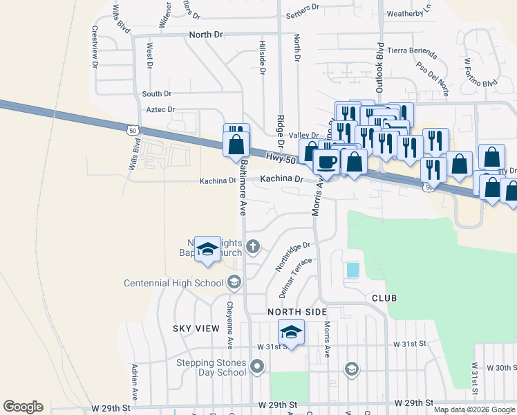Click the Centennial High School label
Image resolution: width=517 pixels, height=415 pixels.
[x=173, y=283]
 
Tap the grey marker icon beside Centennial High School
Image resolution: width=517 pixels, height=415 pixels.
[x=234, y=282]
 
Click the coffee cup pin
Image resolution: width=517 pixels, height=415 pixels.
[x=327, y=163]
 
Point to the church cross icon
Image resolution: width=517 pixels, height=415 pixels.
[x=254, y=246]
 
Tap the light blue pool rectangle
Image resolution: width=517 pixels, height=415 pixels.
[x=352, y=270]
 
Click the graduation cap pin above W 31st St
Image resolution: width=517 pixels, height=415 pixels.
[x=291, y=333]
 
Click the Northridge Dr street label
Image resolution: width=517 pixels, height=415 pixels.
[x=294, y=255]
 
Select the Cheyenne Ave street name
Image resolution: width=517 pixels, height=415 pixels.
[x=229, y=324]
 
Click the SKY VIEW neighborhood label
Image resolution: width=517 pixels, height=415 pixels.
[x=196, y=329]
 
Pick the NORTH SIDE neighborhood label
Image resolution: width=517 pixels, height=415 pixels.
[x=297, y=313]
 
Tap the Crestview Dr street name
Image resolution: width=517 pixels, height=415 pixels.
[x=94, y=46]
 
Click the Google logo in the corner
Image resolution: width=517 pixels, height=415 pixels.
[x=23, y=407]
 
